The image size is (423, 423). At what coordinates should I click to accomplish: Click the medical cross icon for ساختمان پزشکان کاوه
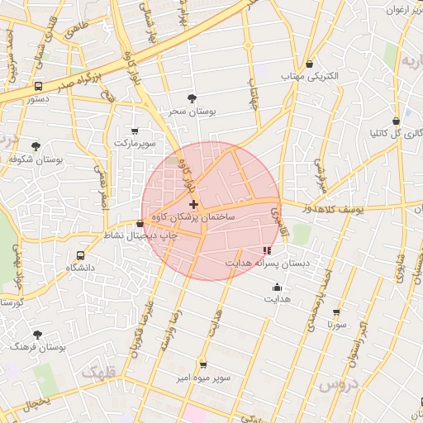tap(193, 203)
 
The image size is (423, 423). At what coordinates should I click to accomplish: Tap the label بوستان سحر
tap(192, 112)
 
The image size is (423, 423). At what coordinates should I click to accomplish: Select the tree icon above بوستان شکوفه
tap(36, 145)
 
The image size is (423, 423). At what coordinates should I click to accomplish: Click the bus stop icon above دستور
tap(39, 86)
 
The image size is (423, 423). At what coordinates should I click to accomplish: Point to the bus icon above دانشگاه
tap(80, 255)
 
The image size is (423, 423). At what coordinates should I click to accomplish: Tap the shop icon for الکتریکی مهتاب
tap(309, 64)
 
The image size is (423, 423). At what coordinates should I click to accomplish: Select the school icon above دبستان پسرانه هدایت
tap(266, 250)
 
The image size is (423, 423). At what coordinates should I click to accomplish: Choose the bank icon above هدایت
tap(277, 287)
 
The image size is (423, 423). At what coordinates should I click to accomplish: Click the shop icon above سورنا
tap(336, 313)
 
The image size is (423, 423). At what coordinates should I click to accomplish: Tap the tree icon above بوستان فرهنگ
tap(37, 335)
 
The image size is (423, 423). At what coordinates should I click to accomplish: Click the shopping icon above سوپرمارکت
tap(135, 131)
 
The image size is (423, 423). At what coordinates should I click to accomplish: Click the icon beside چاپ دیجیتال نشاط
tap(140, 224)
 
